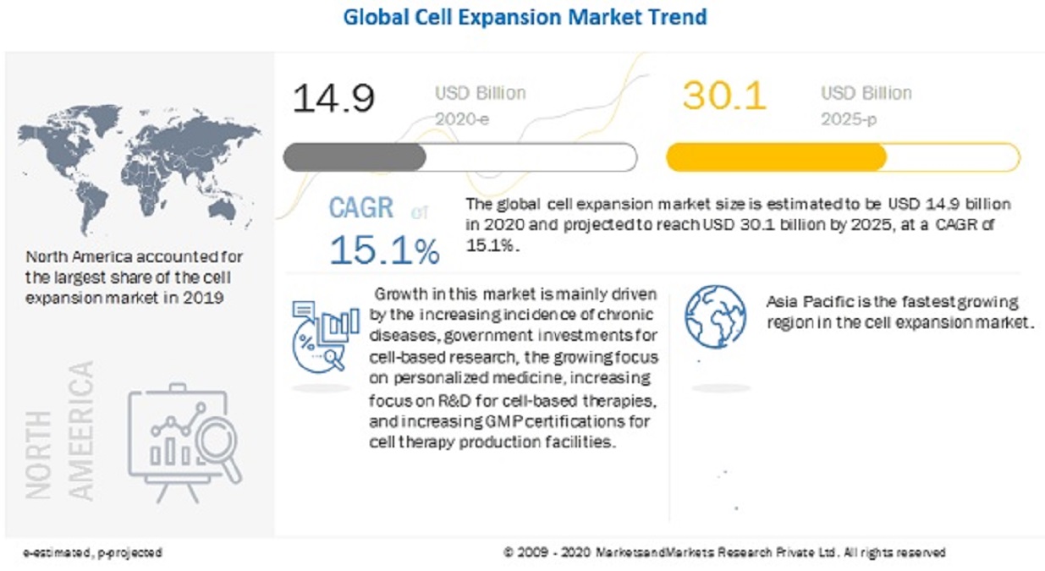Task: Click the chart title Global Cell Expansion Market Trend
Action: pos(525,17)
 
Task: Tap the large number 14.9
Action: pos(333,98)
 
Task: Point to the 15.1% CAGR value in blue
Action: pos(384,250)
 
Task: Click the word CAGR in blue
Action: pos(361,208)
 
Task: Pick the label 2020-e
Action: pos(462,120)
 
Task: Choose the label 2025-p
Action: pos(849,120)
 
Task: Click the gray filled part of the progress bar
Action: pos(355,157)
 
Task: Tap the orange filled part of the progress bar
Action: pos(776,157)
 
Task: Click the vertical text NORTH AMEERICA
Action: pos(59,431)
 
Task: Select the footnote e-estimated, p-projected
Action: pos(93,552)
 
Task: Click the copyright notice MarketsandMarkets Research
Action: pos(723,552)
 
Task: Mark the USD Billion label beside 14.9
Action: pos(481,93)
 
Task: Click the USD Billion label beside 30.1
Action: pos(866,93)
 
